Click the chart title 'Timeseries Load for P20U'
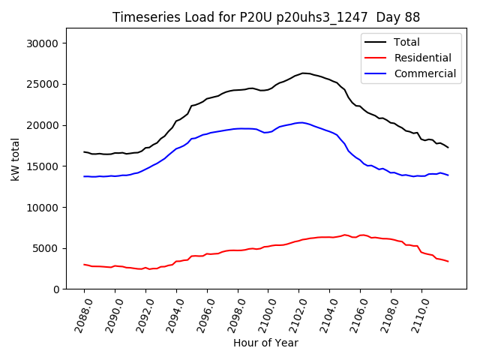tap(266, 17)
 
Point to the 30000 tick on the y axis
tap(43, 43)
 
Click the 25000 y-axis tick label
tap(43, 84)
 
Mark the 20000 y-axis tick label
tap(43, 125)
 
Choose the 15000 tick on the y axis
tap(43, 166)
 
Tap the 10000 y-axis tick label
tap(43, 207)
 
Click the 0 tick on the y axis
tap(56, 289)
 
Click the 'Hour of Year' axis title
tap(265, 343)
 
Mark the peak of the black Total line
tap(303, 73)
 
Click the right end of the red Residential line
tap(448, 261)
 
